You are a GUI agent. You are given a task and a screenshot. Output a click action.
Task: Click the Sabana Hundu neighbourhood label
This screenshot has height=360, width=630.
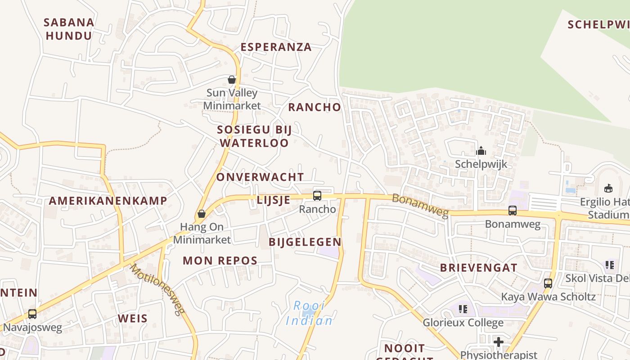(x=69, y=29)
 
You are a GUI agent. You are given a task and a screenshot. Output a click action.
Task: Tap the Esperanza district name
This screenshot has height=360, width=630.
(x=276, y=47)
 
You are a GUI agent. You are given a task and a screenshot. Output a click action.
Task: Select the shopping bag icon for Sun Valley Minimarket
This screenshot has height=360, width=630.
(x=232, y=80)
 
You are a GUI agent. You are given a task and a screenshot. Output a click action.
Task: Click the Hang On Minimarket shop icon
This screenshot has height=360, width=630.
(x=202, y=214)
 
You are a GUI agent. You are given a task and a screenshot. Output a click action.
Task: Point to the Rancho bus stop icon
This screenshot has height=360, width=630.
(x=317, y=195)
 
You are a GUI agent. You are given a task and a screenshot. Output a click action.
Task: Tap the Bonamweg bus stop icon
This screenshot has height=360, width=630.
(x=513, y=210)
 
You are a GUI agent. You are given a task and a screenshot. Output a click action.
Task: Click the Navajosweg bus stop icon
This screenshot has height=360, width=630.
(x=32, y=314)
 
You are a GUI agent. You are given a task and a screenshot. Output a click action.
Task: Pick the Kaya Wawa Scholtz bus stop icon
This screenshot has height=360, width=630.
(x=548, y=283)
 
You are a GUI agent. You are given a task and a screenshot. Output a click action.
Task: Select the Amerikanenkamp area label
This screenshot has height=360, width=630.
(x=108, y=201)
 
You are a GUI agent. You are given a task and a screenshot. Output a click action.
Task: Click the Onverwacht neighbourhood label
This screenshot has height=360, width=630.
(x=260, y=177)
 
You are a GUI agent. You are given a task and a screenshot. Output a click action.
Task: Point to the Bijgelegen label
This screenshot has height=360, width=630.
(x=305, y=242)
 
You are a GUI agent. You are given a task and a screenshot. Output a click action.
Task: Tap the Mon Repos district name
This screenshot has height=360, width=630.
(x=220, y=260)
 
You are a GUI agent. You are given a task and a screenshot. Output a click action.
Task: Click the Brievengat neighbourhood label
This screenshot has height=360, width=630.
(x=479, y=267)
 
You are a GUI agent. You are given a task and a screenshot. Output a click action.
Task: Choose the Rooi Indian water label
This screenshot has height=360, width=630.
(x=310, y=313)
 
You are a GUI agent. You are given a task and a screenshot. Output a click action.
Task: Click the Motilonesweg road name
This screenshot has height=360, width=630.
(x=157, y=289)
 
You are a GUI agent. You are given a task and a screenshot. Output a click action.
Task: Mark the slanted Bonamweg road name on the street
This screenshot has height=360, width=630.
(x=420, y=205)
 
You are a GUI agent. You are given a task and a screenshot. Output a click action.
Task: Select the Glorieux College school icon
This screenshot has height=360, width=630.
(x=463, y=309)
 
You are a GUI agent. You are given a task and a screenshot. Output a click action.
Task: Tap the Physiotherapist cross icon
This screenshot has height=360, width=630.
(x=498, y=342)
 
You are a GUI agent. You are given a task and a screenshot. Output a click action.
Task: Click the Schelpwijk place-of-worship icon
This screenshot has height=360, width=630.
(x=481, y=150)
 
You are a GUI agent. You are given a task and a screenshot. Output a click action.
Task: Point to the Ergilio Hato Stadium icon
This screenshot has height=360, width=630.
(x=608, y=188)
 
